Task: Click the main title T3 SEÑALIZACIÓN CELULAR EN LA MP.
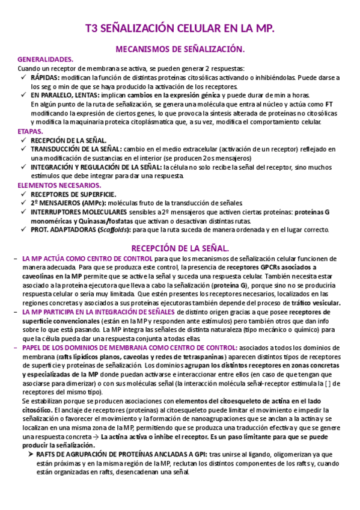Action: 180,29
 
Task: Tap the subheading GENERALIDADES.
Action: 46,60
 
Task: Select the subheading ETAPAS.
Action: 30,131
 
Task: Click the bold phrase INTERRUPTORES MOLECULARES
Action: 79,212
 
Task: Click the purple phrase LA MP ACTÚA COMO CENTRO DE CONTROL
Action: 87,258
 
